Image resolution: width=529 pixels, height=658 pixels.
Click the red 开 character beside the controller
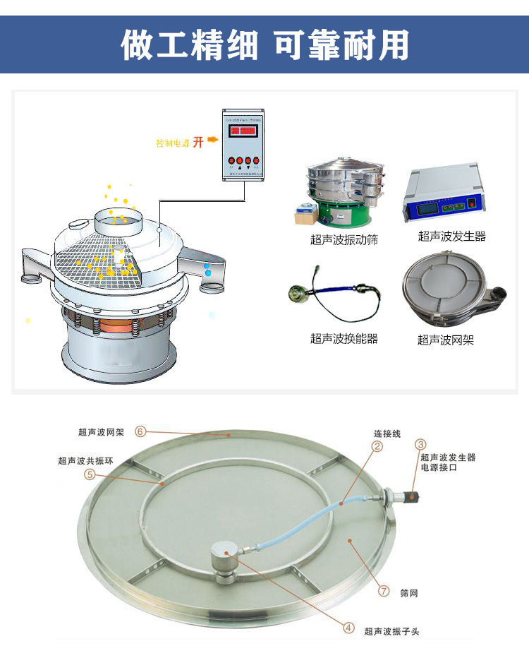(198, 142)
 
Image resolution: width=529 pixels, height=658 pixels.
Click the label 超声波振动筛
(343, 240)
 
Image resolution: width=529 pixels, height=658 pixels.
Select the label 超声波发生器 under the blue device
(451, 237)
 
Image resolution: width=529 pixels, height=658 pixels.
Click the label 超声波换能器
(343, 339)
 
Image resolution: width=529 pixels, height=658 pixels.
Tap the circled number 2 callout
(377, 445)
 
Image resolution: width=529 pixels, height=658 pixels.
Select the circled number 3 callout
(420, 444)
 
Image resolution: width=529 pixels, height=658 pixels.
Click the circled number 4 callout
(348, 627)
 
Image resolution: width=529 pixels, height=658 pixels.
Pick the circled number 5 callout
(90, 474)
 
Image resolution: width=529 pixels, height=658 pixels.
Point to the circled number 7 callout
(384, 591)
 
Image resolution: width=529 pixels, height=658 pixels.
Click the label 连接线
(387, 433)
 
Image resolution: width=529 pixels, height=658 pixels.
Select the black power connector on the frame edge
(411, 497)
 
